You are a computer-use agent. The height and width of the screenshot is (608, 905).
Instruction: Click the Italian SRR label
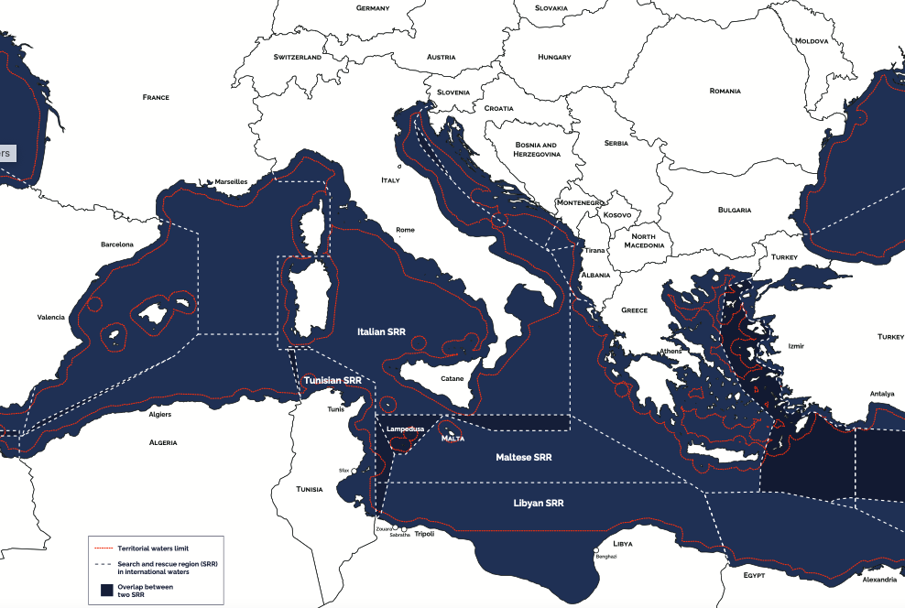(x=381, y=331)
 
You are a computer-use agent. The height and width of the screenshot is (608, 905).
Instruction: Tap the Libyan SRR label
(x=538, y=504)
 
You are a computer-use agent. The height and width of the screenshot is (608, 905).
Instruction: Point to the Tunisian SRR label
(x=333, y=380)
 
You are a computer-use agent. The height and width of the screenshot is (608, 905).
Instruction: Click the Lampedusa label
(x=403, y=429)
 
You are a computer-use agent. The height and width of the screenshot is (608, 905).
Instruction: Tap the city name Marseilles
(x=231, y=182)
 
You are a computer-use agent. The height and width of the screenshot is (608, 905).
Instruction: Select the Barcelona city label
(x=117, y=244)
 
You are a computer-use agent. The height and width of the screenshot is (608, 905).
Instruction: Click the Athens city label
(x=670, y=352)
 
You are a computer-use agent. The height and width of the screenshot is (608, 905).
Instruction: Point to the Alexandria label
(x=879, y=580)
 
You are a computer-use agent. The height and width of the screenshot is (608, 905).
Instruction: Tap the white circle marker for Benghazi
(x=597, y=549)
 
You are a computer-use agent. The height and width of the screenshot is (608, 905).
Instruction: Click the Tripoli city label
(x=424, y=534)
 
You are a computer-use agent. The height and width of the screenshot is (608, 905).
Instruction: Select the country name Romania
(x=725, y=92)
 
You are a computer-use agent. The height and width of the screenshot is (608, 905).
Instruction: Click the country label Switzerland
(x=298, y=57)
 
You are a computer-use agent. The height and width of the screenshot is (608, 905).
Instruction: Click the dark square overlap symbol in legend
(x=106, y=590)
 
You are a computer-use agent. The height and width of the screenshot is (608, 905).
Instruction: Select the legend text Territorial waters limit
(x=154, y=548)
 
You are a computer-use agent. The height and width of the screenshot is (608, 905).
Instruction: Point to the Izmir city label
(x=796, y=347)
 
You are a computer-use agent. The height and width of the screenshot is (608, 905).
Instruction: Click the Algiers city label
(x=159, y=414)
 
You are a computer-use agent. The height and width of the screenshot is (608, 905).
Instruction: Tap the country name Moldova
(x=812, y=41)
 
